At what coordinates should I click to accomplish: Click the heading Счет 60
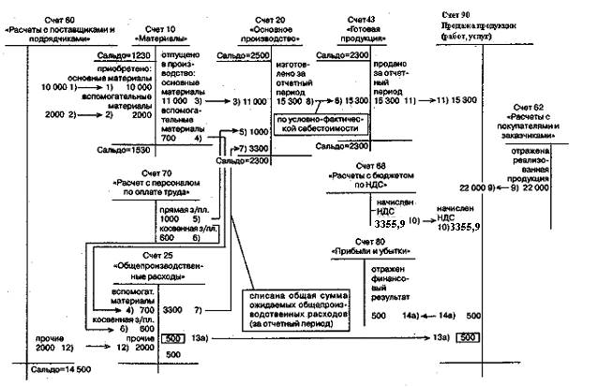click(x=59, y=19)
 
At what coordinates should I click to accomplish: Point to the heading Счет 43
click(x=361, y=20)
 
